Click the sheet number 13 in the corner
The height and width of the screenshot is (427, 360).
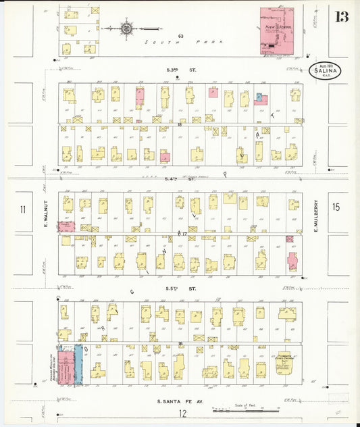(340, 16)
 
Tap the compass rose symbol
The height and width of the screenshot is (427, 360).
(126, 28)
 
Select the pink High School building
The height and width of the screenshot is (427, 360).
(277, 30)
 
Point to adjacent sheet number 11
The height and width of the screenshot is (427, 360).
(23, 209)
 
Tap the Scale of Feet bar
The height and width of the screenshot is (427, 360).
(260, 409)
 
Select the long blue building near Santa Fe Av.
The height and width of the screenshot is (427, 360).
(78, 365)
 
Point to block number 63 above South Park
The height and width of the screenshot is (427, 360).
(180, 36)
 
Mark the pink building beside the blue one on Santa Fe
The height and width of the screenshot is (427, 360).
(65, 365)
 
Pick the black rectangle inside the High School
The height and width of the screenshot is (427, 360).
(272, 45)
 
